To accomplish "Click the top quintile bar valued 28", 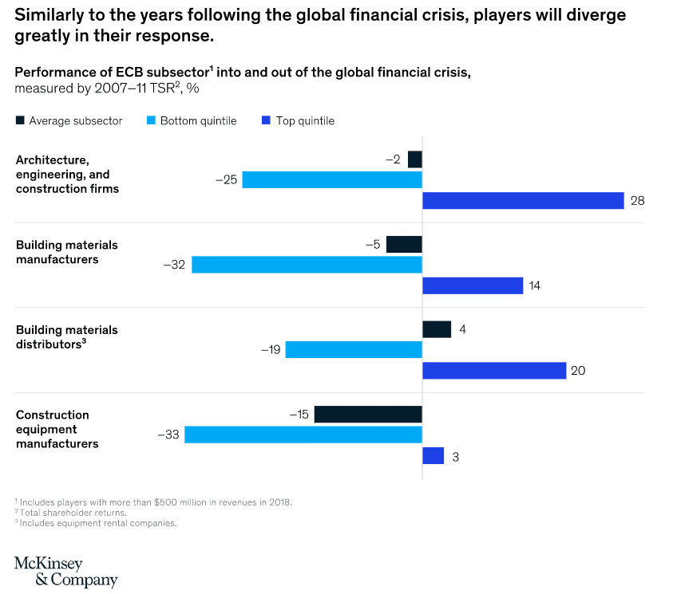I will (522, 201).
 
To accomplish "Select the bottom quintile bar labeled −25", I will (332, 180).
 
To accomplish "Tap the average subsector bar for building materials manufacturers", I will (404, 244).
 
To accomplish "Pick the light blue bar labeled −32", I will (307, 265).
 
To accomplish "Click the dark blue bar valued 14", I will (472, 285).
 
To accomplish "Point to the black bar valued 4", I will (436, 329).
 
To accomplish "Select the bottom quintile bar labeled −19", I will (354, 350).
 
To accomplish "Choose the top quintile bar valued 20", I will (493, 371).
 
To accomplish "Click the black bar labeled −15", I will (368, 415).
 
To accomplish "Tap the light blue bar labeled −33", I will (303, 435).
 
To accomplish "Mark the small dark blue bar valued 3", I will (433, 456).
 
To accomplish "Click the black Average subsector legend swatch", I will (20, 121).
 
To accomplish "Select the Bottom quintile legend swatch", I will (151, 121).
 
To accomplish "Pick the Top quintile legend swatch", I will (266, 121).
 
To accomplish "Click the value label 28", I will (637, 201).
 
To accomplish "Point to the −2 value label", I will (393, 159).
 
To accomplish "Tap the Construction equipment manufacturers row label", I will (57, 429).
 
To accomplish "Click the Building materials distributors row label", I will (66, 336).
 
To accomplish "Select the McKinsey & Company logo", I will (65, 571).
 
